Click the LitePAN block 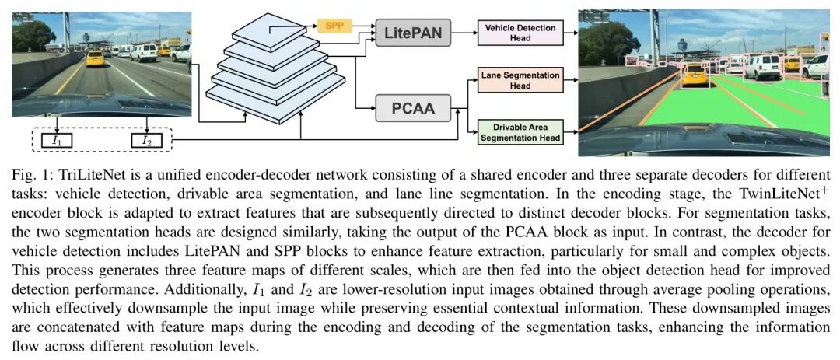413,33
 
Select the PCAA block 413,107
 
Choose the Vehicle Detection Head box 520,33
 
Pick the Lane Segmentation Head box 520,80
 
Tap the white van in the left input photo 144,52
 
